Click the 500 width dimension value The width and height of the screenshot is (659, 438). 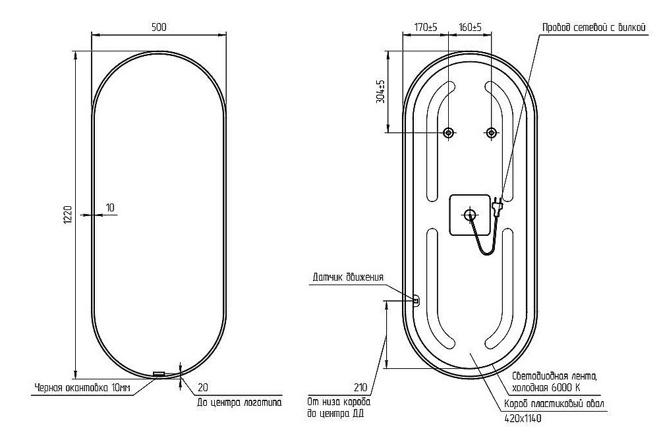tap(158, 27)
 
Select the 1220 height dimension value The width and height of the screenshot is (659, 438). tap(68, 215)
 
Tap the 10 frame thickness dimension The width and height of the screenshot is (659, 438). tap(110, 207)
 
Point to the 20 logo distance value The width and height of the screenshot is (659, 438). tap(202, 387)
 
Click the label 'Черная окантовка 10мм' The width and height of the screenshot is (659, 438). tap(82, 387)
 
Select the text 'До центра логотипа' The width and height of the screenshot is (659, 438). tap(239, 402)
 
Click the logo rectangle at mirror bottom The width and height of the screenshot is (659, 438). tap(159, 373)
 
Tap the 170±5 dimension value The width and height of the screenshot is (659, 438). tap(426, 27)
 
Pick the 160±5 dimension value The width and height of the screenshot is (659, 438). tap(471, 27)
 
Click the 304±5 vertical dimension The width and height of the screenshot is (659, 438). tap(381, 92)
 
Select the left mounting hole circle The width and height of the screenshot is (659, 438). tap(448, 132)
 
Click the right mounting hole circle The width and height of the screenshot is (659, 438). tap(491, 132)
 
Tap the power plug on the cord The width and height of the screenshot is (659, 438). tap(497, 205)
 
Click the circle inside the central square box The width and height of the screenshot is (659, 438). tap(469, 215)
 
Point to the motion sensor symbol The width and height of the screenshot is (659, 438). tap(416, 301)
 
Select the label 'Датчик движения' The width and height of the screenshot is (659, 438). tap(348, 277)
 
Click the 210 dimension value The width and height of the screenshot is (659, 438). tap(360, 387)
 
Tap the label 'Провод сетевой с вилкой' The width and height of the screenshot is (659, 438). tap(594, 28)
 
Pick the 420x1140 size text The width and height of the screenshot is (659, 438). tap(523, 418)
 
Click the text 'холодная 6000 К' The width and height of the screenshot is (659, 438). tap(546, 387)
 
